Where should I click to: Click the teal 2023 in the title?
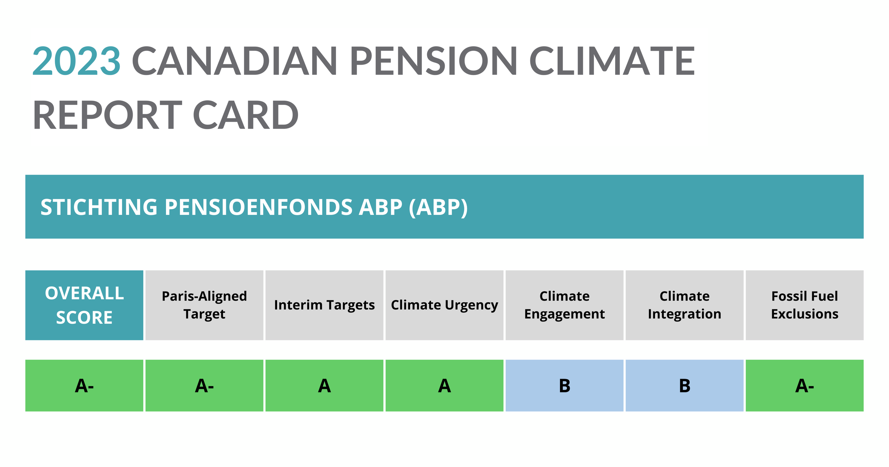(x=76, y=61)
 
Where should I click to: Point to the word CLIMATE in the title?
(x=612, y=61)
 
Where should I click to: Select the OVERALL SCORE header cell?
(x=84, y=305)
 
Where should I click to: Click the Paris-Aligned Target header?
(x=204, y=305)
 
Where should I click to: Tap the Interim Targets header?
(x=324, y=305)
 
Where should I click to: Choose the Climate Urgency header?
(x=444, y=305)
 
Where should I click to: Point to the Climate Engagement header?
(x=564, y=305)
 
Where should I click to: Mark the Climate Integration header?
(x=685, y=305)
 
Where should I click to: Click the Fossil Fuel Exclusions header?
(x=804, y=305)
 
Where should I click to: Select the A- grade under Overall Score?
(x=84, y=386)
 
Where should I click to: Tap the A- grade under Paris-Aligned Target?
(x=204, y=386)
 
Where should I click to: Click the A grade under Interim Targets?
(x=324, y=386)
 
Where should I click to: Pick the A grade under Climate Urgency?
(x=444, y=386)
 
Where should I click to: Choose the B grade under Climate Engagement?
(x=564, y=386)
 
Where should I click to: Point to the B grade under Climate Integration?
(x=685, y=386)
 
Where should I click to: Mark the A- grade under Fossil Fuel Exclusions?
(x=804, y=386)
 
